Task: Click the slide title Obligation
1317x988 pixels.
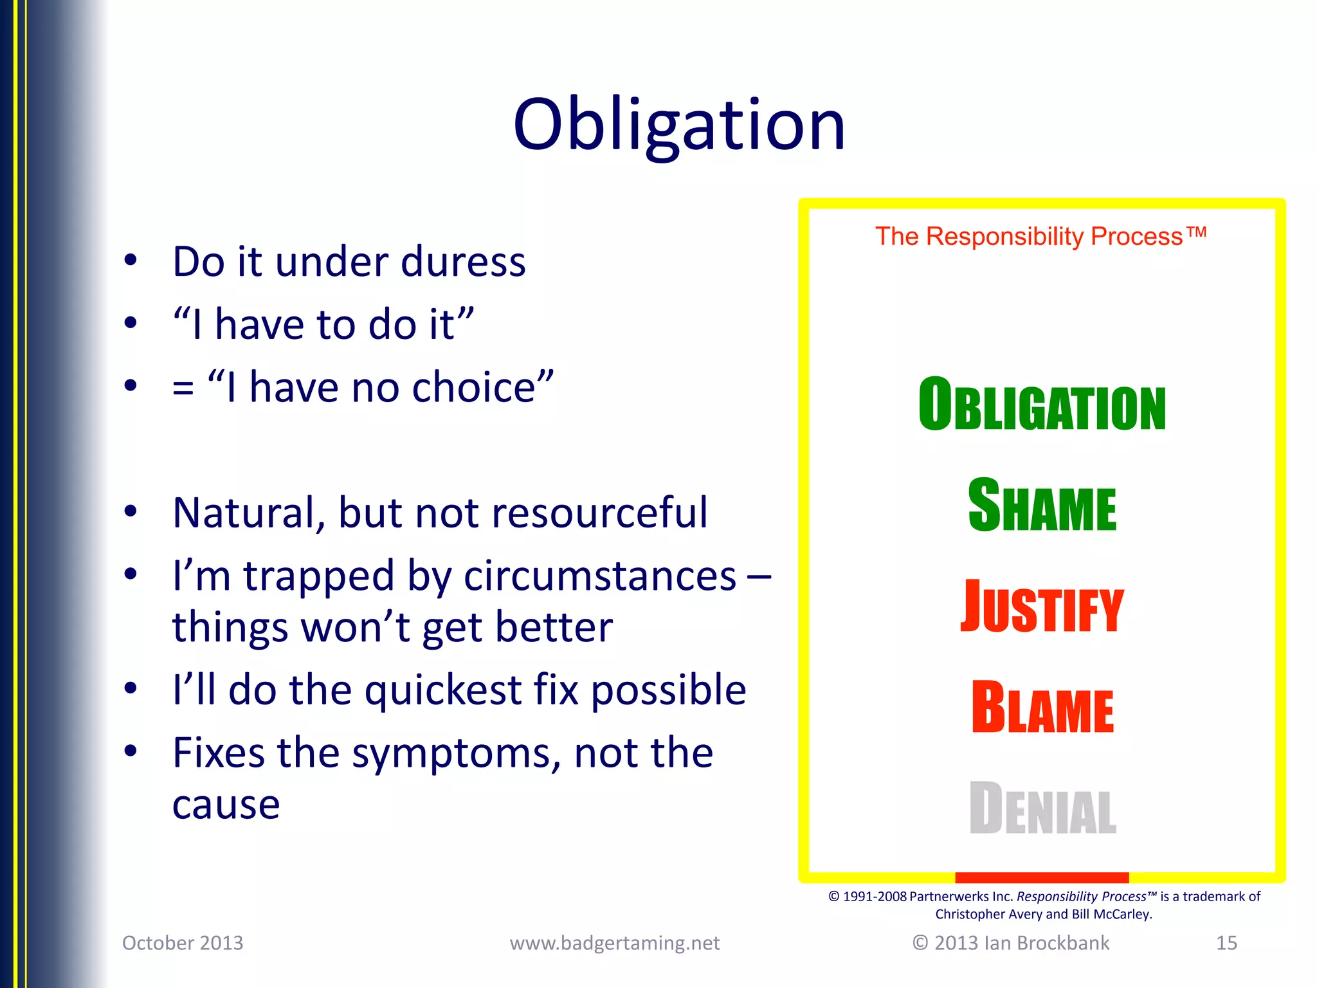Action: pyautogui.click(x=678, y=125)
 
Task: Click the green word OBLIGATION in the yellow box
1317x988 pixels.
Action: pyautogui.click(x=1042, y=405)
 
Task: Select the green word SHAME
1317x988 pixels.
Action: pyautogui.click(x=1042, y=506)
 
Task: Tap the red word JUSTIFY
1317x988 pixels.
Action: pyautogui.click(x=1042, y=607)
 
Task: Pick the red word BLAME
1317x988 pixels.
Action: pyautogui.click(x=1042, y=708)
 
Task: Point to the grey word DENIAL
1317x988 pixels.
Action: pyautogui.click(x=1042, y=809)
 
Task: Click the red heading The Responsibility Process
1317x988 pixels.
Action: pyautogui.click(x=1040, y=237)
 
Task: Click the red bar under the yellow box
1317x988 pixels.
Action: pyautogui.click(x=1042, y=877)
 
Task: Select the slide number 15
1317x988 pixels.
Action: pyautogui.click(x=1226, y=943)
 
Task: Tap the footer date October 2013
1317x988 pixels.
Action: pyautogui.click(x=183, y=943)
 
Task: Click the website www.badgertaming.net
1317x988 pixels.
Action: pyautogui.click(x=614, y=943)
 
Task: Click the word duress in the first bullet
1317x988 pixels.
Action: pyautogui.click(x=463, y=262)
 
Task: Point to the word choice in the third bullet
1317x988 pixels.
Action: pyautogui.click(x=474, y=388)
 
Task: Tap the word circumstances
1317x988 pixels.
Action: pyautogui.click(x=599, y=576)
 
